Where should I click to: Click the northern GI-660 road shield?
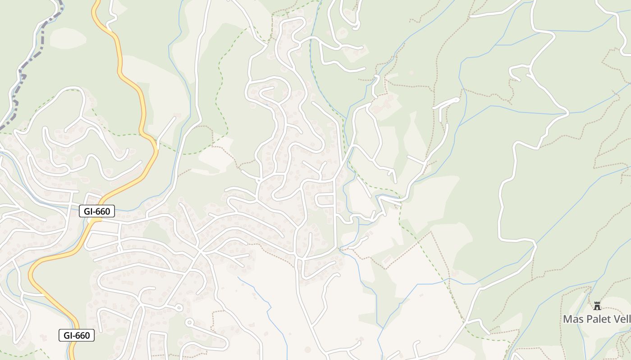97,211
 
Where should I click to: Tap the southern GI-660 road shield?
77,335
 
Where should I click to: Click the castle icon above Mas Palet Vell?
597,306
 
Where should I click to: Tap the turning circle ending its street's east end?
179,308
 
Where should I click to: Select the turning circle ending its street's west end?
188,322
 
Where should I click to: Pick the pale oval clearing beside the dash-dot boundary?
68,38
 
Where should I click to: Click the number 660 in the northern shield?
104,211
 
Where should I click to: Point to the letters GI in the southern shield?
68,335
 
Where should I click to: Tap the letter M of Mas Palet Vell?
567,319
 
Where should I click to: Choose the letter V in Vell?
616,319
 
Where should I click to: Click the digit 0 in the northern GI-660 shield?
109,211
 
